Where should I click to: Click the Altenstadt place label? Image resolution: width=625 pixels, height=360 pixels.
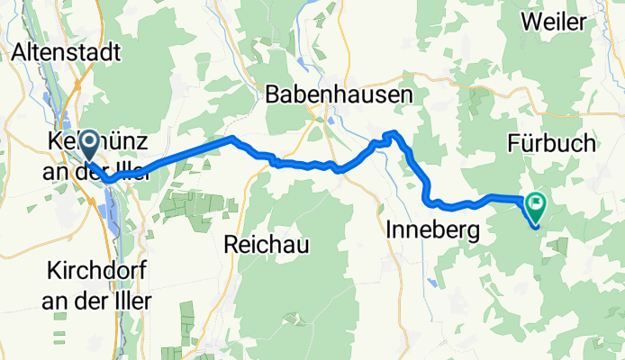tap(67, 53)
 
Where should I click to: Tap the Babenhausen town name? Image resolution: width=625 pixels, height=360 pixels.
tap(340, 94)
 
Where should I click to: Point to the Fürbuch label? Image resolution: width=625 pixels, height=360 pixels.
tap(551, 143)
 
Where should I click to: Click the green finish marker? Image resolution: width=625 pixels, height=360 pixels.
tap(535, 208)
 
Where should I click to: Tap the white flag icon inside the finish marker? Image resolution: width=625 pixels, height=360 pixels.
tap(536, 204)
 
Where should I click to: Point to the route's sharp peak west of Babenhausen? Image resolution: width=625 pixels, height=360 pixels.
tap(232, 138)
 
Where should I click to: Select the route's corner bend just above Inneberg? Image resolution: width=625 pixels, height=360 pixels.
tap(431, 200)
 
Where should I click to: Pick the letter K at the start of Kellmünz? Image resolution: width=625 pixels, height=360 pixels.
tap(52, 142)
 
